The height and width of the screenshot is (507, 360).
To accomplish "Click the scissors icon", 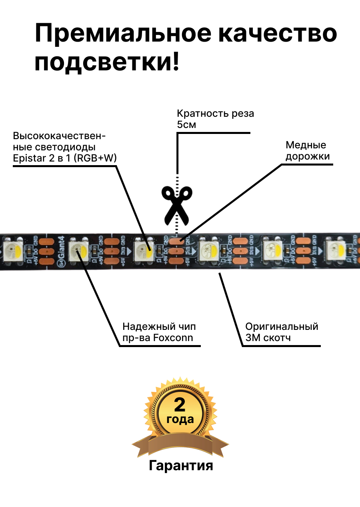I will point(176,206).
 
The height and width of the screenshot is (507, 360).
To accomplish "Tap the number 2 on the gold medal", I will point(180,405).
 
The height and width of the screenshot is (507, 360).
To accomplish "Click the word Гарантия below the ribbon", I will point(181,465).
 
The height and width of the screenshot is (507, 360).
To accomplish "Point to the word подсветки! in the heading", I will point(107,63).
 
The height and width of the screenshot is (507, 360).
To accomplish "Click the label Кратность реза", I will point(215,114).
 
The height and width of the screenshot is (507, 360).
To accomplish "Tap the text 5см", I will point(186,124).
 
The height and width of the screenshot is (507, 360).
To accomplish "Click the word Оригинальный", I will point(282,326).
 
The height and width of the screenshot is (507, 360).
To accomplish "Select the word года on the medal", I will point(180,419).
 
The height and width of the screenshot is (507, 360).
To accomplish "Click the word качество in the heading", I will point(280,34).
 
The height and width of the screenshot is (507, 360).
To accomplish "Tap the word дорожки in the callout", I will point(308,156).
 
